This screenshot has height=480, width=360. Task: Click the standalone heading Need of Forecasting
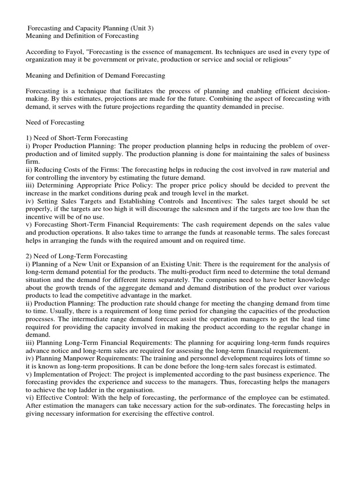point(55,122)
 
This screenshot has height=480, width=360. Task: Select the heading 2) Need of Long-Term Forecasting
point(76,256)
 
